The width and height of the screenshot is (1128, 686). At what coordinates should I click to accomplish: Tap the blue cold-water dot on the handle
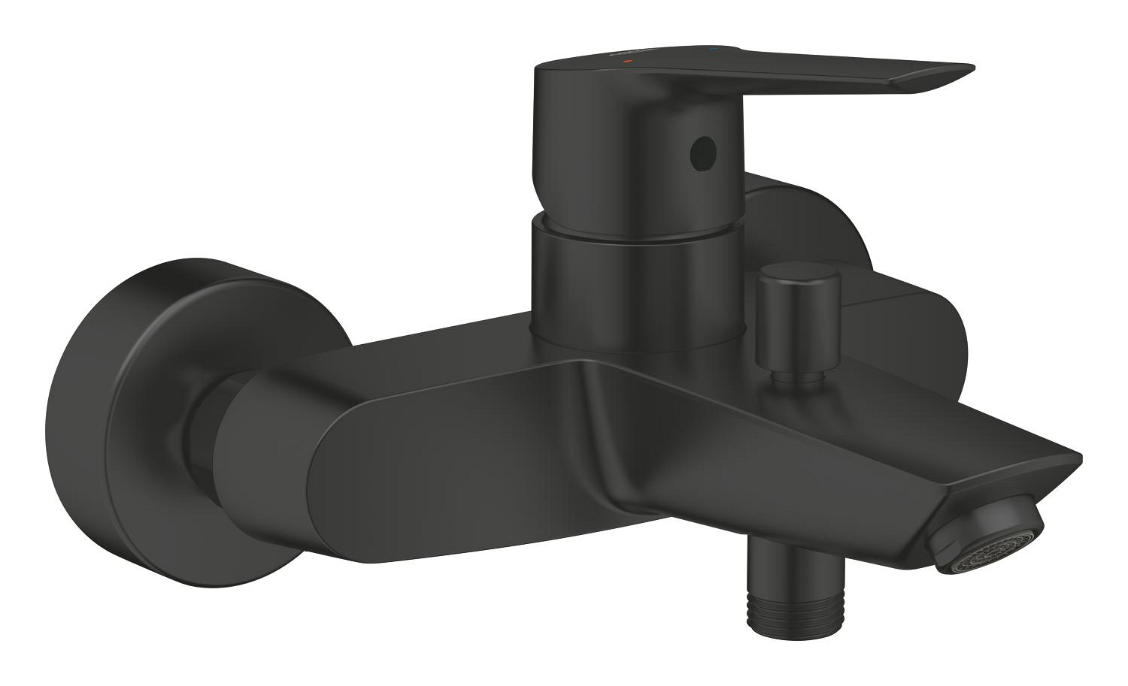tap(713, 51)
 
